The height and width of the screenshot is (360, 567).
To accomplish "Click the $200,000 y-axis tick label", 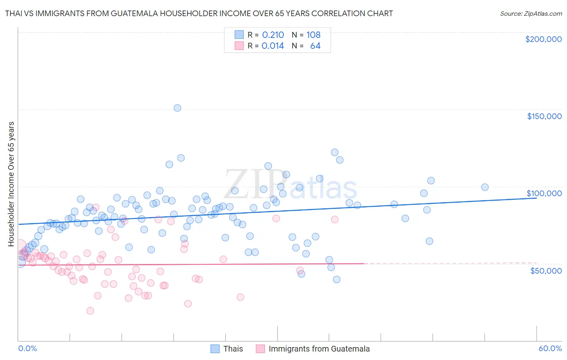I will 543,39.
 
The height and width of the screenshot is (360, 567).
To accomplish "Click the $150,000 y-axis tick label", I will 544,116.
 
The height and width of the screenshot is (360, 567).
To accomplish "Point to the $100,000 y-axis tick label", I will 544,193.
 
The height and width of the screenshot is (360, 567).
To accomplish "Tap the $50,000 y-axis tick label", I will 546,270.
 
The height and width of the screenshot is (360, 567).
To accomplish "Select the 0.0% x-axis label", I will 27,348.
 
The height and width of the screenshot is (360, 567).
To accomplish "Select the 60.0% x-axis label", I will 550,348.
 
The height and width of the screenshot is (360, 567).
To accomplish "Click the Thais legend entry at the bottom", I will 233,349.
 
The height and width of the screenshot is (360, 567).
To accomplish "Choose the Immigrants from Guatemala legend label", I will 319,349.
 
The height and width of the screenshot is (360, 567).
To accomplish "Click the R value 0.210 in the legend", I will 273,35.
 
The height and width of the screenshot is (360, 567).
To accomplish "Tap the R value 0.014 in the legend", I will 273,46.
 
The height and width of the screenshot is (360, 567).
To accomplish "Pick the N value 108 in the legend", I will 313,35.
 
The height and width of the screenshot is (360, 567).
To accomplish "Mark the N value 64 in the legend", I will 315,46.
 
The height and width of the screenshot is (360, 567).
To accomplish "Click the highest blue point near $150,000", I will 177,108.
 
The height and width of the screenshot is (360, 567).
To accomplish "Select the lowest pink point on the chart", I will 90,311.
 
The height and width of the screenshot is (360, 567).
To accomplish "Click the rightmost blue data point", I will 485,187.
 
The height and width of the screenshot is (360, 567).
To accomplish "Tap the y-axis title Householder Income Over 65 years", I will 11,184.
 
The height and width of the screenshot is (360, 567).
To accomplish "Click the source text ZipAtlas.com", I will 531,14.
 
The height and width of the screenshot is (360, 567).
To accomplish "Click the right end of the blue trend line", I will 536,198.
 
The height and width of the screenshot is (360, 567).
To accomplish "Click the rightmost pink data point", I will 334,220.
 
